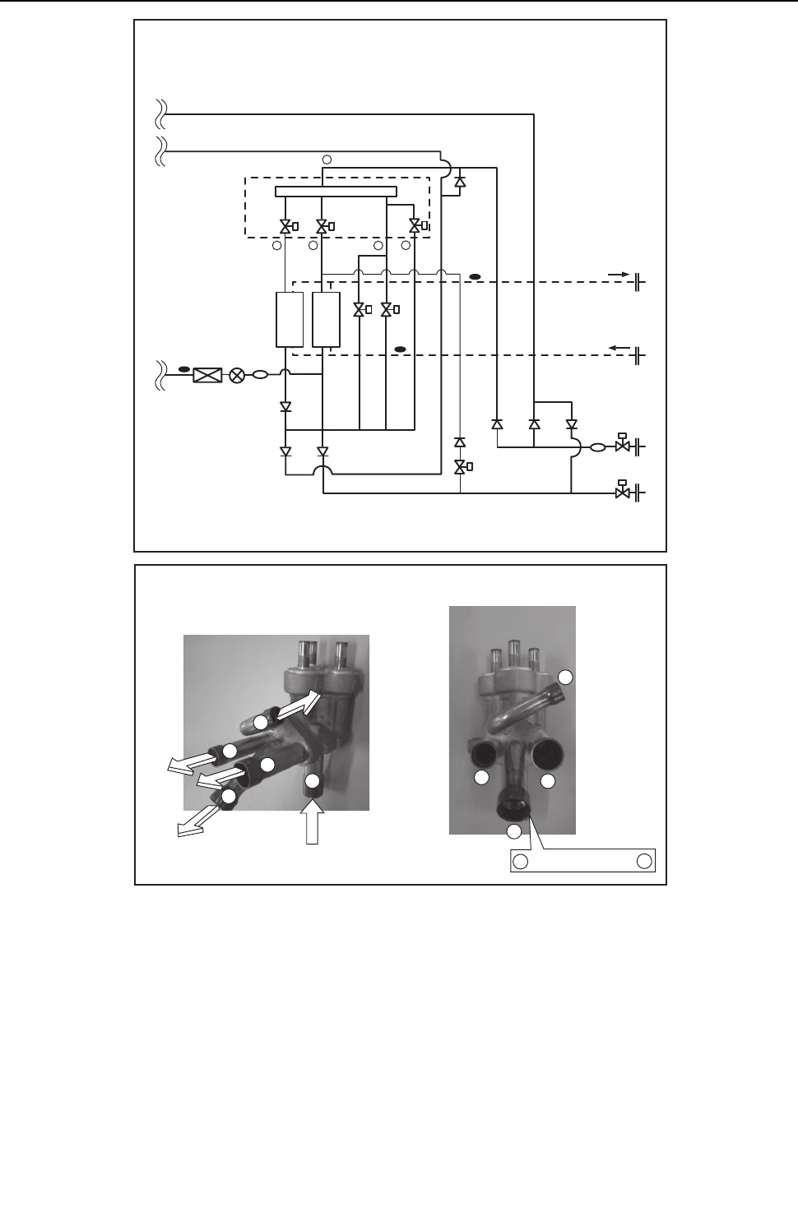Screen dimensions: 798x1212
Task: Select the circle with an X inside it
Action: click(237, 376)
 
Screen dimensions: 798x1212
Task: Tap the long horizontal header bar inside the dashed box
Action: click(336, 192)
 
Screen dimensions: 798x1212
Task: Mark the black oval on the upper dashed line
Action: click(475, 275)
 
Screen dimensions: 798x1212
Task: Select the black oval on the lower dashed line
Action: click(401, 349)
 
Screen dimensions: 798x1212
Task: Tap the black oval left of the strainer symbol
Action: click(184, 368)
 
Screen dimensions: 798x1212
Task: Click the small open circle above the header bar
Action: click(326, 158)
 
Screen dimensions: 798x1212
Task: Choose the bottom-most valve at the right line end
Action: click(623, 492)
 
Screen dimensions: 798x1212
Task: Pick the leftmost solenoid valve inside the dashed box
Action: click(285, 226)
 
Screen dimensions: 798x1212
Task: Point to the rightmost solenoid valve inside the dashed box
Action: click(415, 226)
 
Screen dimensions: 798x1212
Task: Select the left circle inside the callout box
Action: click(520, 861)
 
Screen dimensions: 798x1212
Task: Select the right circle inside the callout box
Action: click(644, 861)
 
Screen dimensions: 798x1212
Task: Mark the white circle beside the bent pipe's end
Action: click(565, 677)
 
